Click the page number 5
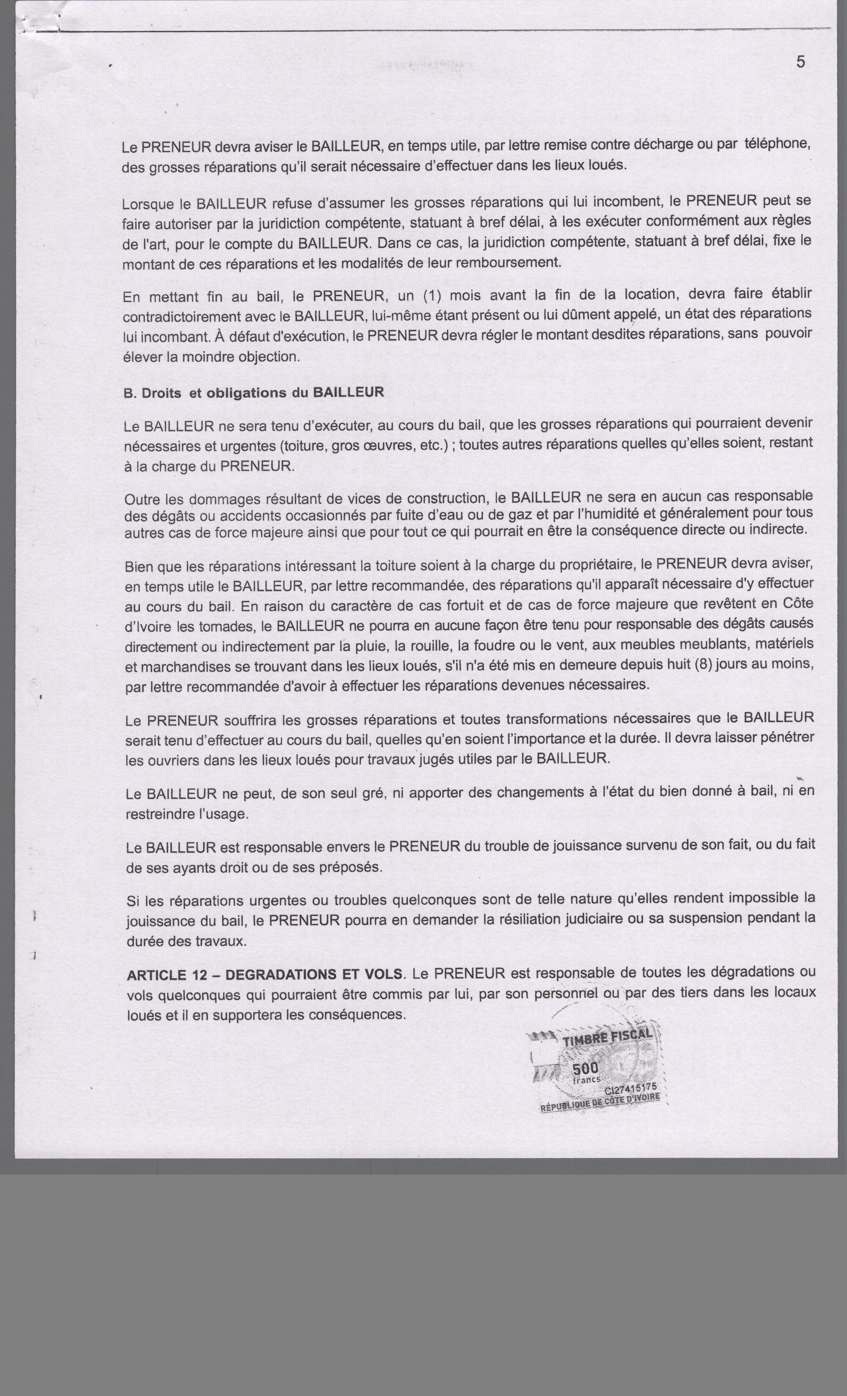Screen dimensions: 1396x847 point(800,62)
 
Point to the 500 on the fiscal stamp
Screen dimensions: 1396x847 point(585,1069)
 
